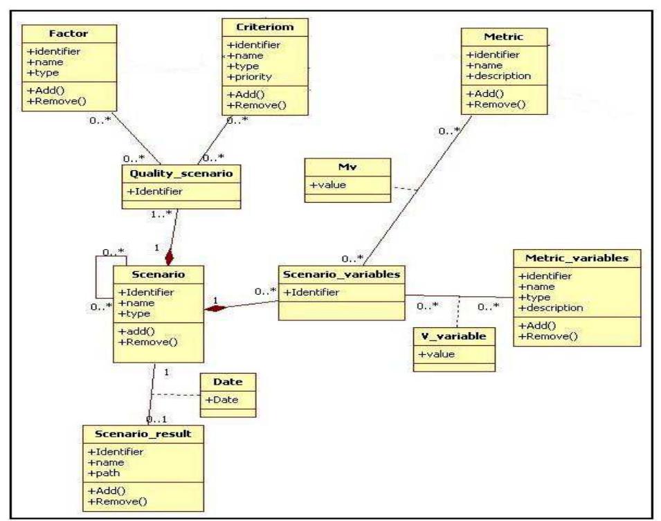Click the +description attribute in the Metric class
(x=499, y=75)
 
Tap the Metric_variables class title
(x=577, y=259)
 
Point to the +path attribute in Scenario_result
(x=102, y=473)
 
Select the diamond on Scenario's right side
(x=214, y=308)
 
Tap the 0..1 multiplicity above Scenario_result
(x=156, y=419)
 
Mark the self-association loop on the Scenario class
(x=98, y=280)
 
